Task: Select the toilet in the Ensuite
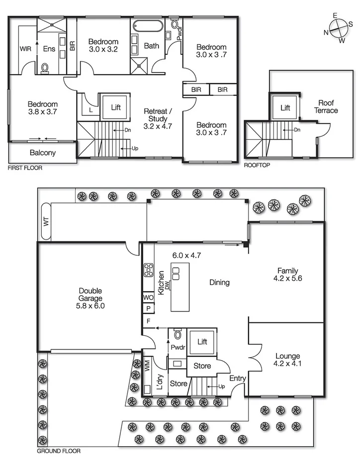point(45,68)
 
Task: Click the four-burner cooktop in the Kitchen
point(148,270)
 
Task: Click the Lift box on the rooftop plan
point(285,107)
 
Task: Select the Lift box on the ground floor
point(202,342)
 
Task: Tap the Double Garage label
point(90,299)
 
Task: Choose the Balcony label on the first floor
point(42,153)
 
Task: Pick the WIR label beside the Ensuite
point(25,49)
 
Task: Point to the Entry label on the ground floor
point(238,379)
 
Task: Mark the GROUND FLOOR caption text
point(59,452)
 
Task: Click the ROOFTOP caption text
point(257,165)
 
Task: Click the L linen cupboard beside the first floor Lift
point(90,110)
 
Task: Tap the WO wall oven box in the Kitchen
point(148,297)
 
